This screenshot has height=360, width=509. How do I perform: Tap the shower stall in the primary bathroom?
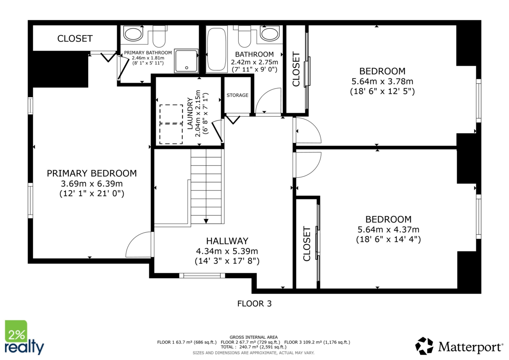pos(186,61)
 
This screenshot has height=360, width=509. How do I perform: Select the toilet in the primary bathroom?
pos(159,36)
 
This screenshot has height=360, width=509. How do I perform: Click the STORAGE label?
pos(237,95)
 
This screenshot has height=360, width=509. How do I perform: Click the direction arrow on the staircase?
pos(206,220)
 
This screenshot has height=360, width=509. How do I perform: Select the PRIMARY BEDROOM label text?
pos(92,173)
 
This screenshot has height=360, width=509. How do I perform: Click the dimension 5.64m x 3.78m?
pos(382,81)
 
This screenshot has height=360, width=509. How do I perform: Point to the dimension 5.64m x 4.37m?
pos(388,229)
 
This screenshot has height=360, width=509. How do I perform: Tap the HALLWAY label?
pos(227,241)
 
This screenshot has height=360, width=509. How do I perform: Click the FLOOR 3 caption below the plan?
pos(254,304)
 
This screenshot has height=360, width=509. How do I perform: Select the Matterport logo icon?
pos(424,346)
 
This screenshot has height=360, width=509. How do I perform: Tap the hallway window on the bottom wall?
pos(202,276)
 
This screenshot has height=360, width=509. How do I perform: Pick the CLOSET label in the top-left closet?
pos(75,39)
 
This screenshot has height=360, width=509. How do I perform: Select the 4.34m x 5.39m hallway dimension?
pos(227,251)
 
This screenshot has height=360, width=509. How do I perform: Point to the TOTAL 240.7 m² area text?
pos(254,347)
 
